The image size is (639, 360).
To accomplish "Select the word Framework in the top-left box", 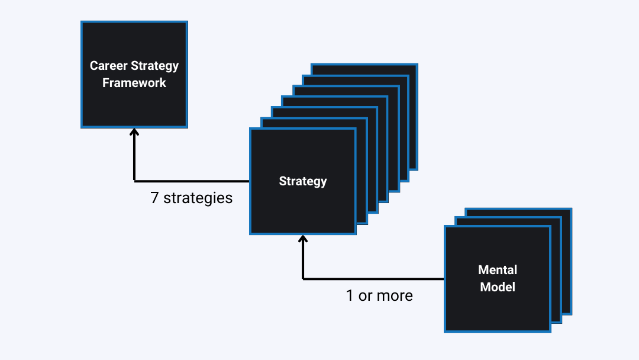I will click(134, 83).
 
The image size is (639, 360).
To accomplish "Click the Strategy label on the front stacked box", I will click(303, 181).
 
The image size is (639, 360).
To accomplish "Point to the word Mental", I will click(498, 270).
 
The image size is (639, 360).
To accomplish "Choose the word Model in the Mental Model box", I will click(498, 287).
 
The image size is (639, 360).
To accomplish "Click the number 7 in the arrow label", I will click(154, 198).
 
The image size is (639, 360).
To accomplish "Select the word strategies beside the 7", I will click(198, 198).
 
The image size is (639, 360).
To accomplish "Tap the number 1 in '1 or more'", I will click(350, 295).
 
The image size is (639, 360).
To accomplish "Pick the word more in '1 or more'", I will click(395, 295).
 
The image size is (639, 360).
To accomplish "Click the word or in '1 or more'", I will click(365, 295).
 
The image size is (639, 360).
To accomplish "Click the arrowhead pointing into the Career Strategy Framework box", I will click(134, 132).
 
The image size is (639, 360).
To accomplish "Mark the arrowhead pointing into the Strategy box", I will click(303, 240).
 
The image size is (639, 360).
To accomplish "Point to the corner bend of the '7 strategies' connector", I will click(134, 181).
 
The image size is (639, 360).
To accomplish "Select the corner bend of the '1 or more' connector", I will click(303, 278).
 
